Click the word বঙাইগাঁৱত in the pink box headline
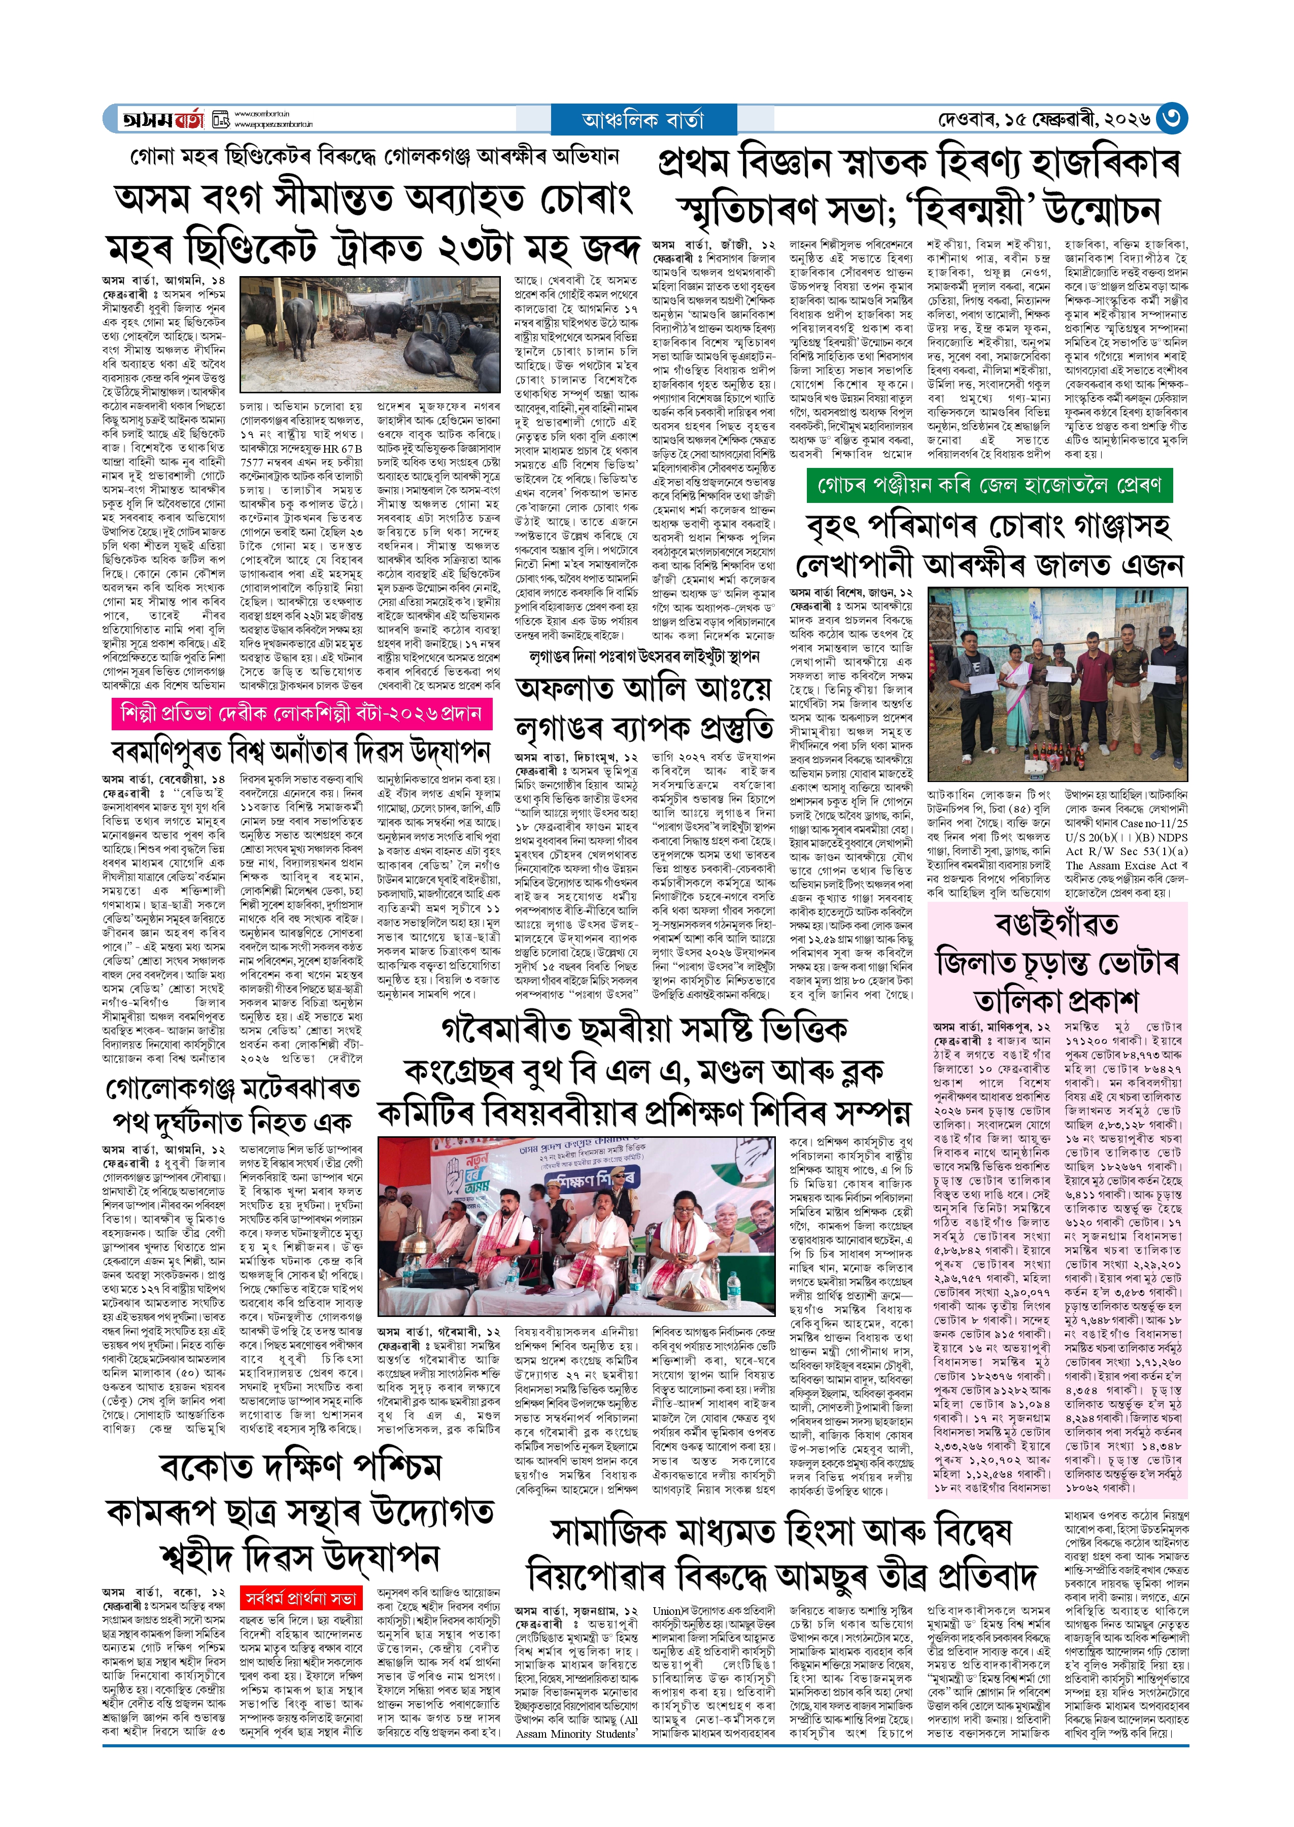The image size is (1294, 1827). pos(1058,924)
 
